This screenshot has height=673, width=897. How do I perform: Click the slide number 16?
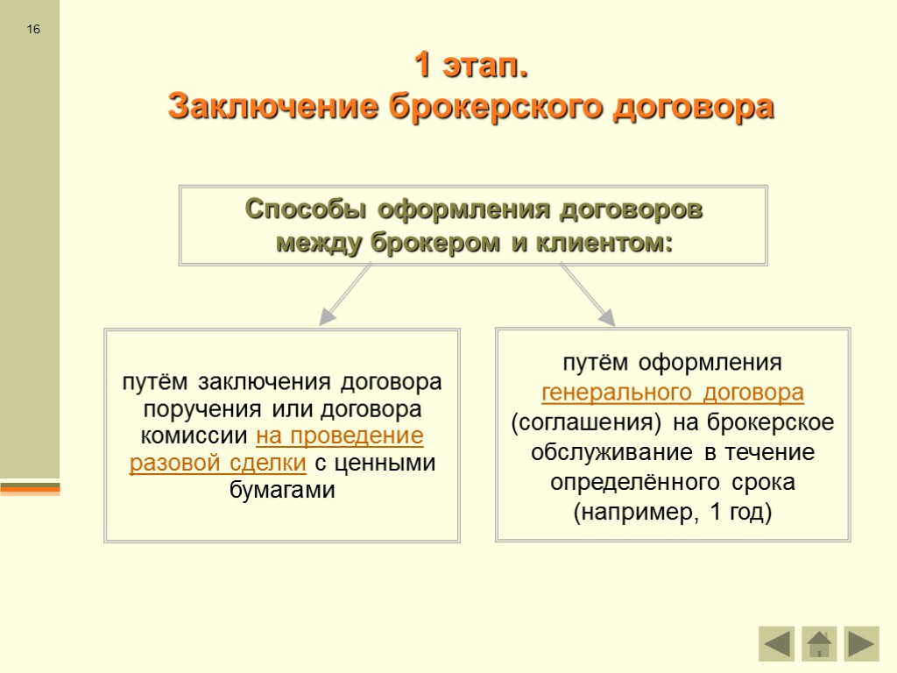tap(33, 31)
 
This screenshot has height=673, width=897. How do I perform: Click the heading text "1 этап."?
tap(470, 66)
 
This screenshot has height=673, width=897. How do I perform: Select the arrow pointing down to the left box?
tap(344, 296)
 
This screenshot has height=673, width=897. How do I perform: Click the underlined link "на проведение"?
tap(340, 436)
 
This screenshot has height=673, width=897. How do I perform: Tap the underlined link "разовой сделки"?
tap(217, 464)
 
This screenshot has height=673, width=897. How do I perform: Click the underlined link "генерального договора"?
tap(673, 392)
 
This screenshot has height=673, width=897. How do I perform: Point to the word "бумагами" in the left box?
tap(282, 491)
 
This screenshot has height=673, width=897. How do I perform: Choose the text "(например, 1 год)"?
tap(673, 513)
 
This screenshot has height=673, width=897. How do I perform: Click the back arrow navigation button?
tap(776, 643)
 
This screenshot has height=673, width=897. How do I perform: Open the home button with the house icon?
tap(819, 643)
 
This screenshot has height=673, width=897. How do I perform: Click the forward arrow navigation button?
tap(861, 643)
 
